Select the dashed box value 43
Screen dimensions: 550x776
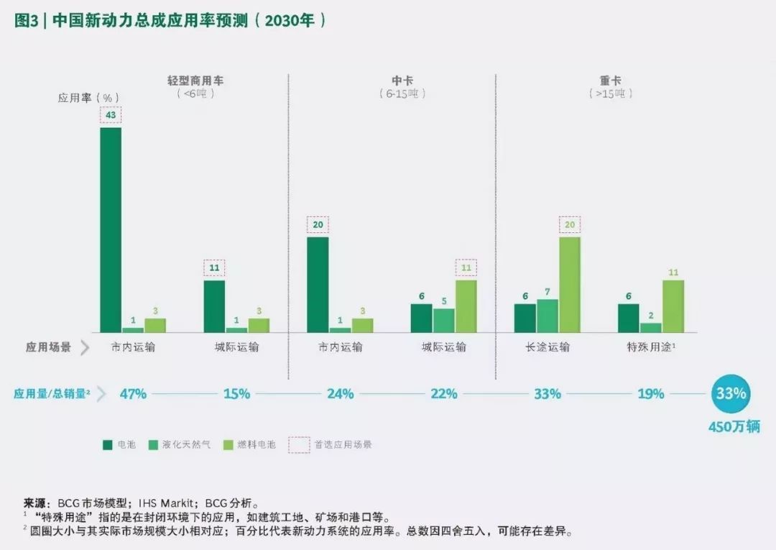(111, 115)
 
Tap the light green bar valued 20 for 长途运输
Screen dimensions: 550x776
(569, 285)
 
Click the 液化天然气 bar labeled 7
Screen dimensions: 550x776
(548, 316)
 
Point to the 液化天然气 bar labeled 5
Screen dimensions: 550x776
(443, 320)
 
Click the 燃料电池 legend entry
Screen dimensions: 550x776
(256, 444)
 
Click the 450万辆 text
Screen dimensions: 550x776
(733, 427)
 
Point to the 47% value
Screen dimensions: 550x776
(133, 394)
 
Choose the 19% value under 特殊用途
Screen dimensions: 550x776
(650, 394)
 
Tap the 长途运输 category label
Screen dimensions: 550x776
(548, 347)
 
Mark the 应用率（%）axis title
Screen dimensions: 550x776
(88, 98)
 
